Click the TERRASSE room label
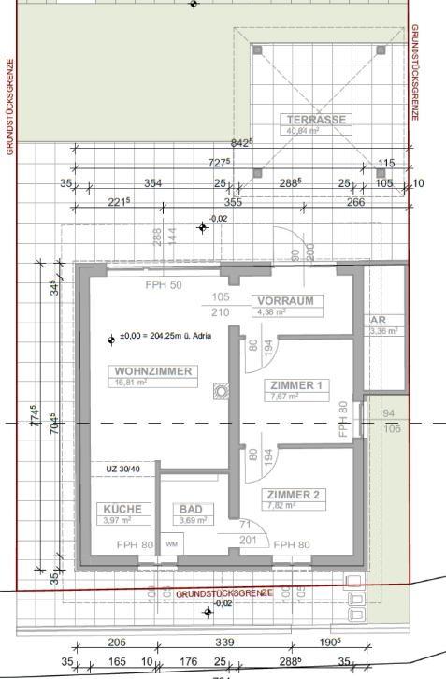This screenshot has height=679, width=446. point(317,120)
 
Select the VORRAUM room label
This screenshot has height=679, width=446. point(286,301)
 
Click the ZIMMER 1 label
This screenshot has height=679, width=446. point(295,385)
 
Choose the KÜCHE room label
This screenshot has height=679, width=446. point(122,509)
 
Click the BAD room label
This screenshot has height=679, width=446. point(191,509)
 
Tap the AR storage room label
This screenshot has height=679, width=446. point(378,319)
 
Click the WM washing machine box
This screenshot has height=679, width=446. point(171,543)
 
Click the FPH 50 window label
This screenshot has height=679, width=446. point(164,284)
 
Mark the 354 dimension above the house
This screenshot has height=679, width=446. point(152,183)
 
